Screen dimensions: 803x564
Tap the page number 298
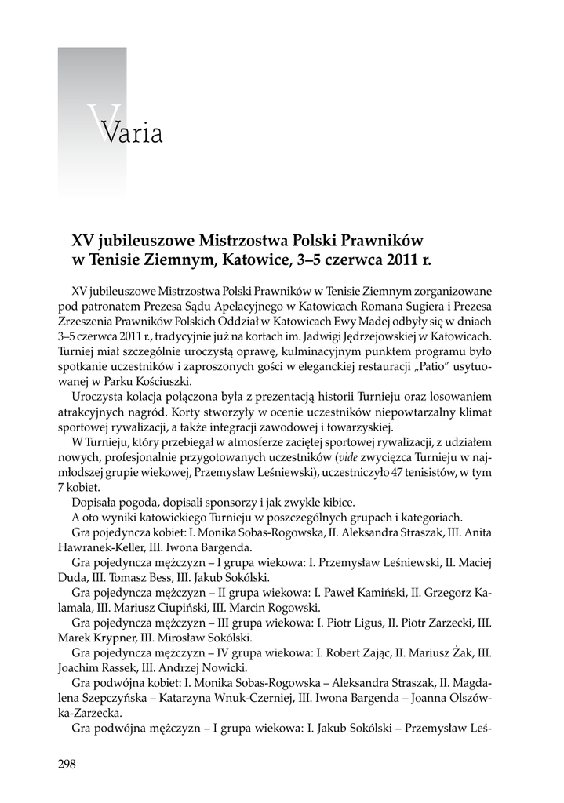[67, 765]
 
